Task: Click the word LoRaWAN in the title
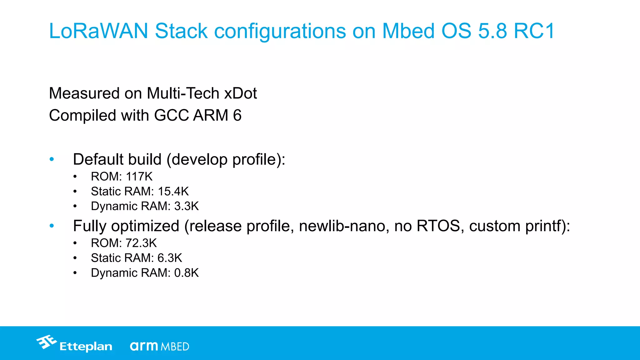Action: coord(98,31)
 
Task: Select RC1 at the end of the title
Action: coord(534,31)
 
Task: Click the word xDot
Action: coord(240,93)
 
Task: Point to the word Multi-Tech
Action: coord(183,93)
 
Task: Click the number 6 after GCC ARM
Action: coord(237,116)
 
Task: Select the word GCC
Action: coord(172,116)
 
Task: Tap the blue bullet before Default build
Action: coord(52,159)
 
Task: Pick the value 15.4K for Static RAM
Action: coord(173,191)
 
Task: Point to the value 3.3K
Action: coord(186,206)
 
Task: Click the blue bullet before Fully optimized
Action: coord(52,226)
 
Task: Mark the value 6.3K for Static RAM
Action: coord(170,258)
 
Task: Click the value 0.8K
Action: coord(186,273)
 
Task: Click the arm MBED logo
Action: coord(159,346)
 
